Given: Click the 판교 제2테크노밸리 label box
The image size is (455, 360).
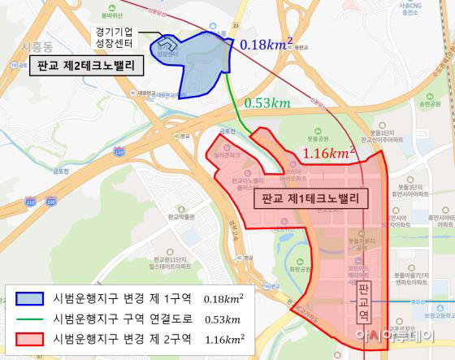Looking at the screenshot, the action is coord(85,66).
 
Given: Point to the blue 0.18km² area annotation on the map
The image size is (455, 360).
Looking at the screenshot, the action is coord(267,44).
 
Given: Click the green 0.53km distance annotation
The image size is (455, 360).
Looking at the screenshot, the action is coord(267,103).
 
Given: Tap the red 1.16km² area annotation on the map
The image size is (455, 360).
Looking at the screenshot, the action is coord(329,152).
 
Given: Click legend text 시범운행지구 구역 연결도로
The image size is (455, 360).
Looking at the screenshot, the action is coord(120,318).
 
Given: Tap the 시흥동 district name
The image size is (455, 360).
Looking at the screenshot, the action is coord(36,46).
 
